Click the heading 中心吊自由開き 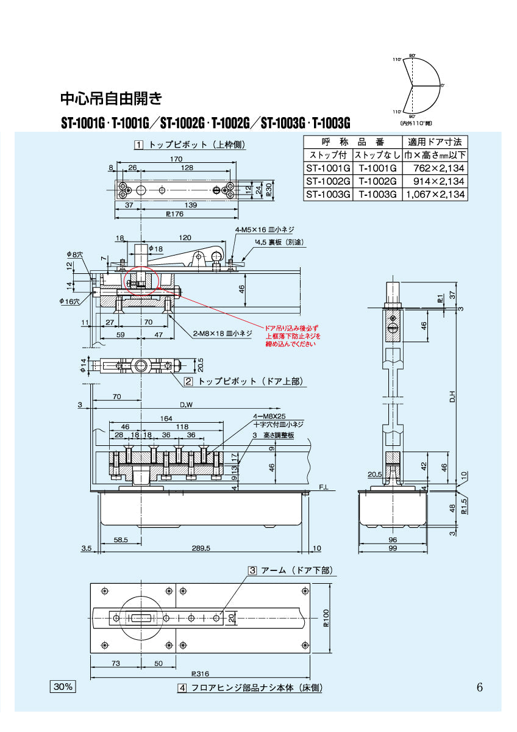(x=112, y=98)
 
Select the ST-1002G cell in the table (x=328, y=181)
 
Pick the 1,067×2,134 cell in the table (x=435, y=195)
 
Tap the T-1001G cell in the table (x=377, y=168)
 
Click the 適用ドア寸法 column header (x=435, y=141)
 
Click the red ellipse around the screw (x=141, y=282)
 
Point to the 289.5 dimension (x=201, y=548)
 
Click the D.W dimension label (x=185, y=404)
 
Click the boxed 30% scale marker (x=63, y=687)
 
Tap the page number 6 (x=480, y=687)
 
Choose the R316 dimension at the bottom (x=199, y=674)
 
